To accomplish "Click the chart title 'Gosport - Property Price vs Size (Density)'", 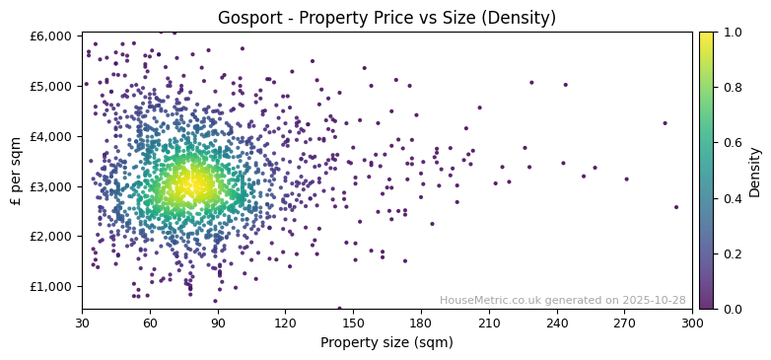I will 386,18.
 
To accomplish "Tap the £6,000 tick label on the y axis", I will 50,36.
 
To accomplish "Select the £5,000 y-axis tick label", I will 50,86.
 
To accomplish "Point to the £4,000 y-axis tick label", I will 50,136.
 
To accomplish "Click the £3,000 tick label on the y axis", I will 50,186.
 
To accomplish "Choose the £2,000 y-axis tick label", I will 50,237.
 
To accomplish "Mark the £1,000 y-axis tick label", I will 50,286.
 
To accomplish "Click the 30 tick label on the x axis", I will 82,323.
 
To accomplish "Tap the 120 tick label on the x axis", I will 285,323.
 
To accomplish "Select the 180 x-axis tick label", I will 421,323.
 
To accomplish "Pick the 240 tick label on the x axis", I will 556,323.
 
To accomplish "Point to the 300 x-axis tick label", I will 692,323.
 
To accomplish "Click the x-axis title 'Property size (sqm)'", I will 386,342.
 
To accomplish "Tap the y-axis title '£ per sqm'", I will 17,170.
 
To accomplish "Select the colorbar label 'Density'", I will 754,172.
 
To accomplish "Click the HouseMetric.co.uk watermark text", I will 562,300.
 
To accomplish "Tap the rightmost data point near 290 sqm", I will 676,207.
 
